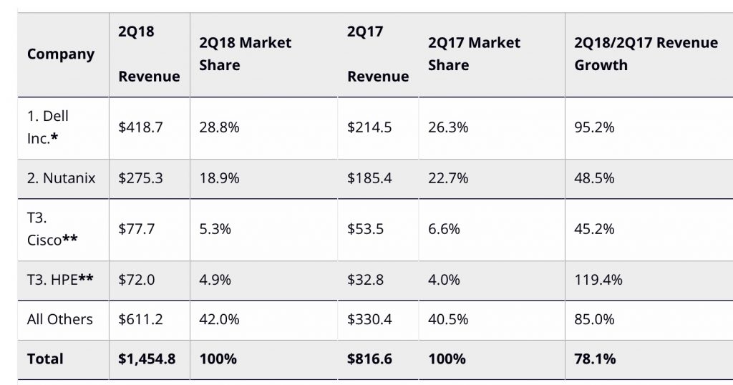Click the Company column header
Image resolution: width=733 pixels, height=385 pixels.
[x=61, y=54]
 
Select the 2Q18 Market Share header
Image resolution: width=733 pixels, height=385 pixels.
[x=246, y=54]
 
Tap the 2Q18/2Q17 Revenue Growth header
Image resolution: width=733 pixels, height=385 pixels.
[x=646, y=54]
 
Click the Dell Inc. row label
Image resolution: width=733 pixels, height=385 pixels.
[x=49, y=127]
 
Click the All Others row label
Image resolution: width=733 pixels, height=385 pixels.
[x=60, y=319]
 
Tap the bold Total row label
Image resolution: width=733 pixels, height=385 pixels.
[x=45, y=359]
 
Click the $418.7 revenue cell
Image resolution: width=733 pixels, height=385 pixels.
[x=141, y=127]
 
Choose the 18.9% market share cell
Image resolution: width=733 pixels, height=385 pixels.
[x=219, y=177]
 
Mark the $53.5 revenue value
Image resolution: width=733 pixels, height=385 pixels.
[x=366, y=229]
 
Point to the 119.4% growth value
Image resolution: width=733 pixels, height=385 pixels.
[x=598, y=280]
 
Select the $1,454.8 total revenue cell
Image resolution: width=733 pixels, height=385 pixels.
[x=147, y=359]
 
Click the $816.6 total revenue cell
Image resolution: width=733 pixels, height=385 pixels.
[x=369, y=359]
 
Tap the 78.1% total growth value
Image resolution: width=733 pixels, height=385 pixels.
[x=595, y=359]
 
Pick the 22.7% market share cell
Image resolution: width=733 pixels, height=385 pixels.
[x=448, y=177]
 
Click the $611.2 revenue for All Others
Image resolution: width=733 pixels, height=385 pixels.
[x=141, y=319]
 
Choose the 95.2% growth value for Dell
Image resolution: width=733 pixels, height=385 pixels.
[x=595, y=127]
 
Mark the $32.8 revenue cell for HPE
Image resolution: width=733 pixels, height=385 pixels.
[x=366, y=280]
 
